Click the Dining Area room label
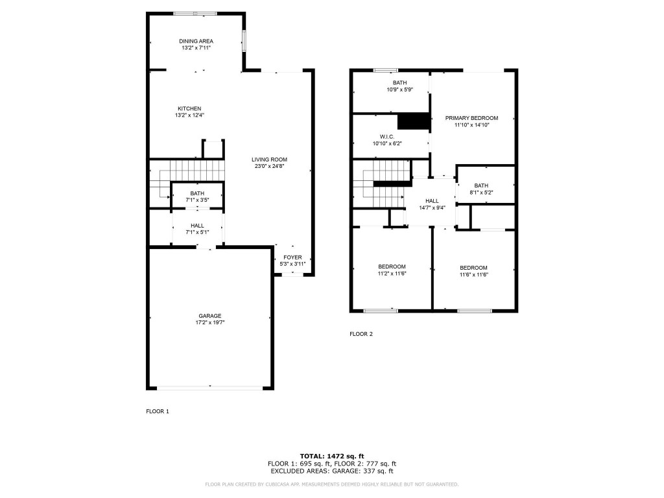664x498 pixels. pos(196,41)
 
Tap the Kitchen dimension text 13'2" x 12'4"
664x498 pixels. pos(189,115)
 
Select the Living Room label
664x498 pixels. pos(269,160)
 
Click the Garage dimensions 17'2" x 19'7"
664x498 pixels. pos(210,322)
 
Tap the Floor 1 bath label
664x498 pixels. pos(197,193)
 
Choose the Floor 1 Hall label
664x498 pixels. pos(197,226)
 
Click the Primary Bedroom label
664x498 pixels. pos(471,118)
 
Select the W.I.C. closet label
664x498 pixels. pos(387,137)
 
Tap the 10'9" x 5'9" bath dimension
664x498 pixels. pos(399,89)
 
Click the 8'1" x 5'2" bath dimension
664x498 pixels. pos(481,193)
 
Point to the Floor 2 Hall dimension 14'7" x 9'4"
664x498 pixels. pos(432,207)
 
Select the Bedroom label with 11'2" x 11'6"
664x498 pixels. pos(392,267)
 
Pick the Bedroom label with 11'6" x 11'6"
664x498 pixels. pos(473,268)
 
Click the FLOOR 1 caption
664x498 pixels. pos(158,411)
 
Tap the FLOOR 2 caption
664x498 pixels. pos(361,334)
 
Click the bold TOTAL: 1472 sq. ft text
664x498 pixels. pos(331,456)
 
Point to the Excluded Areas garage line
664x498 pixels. pos(331,471)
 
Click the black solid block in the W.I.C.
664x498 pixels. pos(414,121)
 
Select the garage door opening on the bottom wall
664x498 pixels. pos(210,388)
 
